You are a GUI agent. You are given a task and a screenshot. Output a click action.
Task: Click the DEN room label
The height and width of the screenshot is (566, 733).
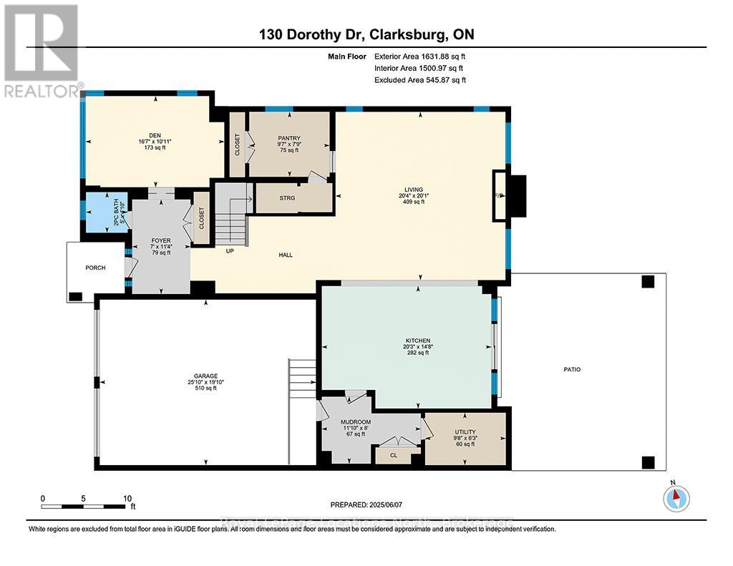[x=155, y=135]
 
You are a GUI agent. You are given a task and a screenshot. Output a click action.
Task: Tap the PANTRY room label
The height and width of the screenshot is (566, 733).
[x=288, y=138]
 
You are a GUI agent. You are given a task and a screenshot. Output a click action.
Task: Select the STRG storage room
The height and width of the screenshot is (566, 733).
[x=287, y=198]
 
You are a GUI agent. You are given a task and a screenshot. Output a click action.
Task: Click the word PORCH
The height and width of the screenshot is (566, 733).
[x=94, y=268]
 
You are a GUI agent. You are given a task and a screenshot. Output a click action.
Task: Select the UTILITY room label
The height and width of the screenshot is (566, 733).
[x=465, y=432]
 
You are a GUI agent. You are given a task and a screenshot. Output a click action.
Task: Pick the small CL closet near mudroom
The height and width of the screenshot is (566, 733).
[x=394, y=454]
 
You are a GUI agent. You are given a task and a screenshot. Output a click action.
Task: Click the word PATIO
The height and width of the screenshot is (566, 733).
[x=571, y=369]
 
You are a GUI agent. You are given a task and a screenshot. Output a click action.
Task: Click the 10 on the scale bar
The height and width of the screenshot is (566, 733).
[x=127, y=498]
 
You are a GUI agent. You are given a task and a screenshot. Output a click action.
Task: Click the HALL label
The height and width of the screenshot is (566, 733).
[x=286, y=255]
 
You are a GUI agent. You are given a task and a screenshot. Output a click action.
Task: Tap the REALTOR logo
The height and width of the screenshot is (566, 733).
[x=42, y=50]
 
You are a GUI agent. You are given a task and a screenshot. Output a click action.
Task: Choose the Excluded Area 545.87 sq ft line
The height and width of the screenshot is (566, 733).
[x=419, y=80]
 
